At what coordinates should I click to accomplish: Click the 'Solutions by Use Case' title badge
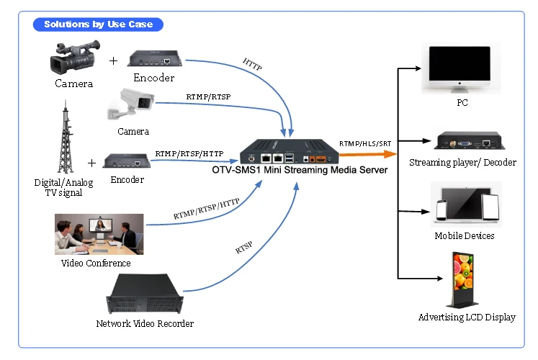tap(98, 24)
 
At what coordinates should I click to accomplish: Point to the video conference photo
tap(99, 234)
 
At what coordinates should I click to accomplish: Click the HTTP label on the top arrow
tap(253, 65)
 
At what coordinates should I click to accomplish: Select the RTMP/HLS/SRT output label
tap(365, 144)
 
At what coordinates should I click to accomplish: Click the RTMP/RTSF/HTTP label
tap(189, 153)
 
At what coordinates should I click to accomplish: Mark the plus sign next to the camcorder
tap(112, 60)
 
